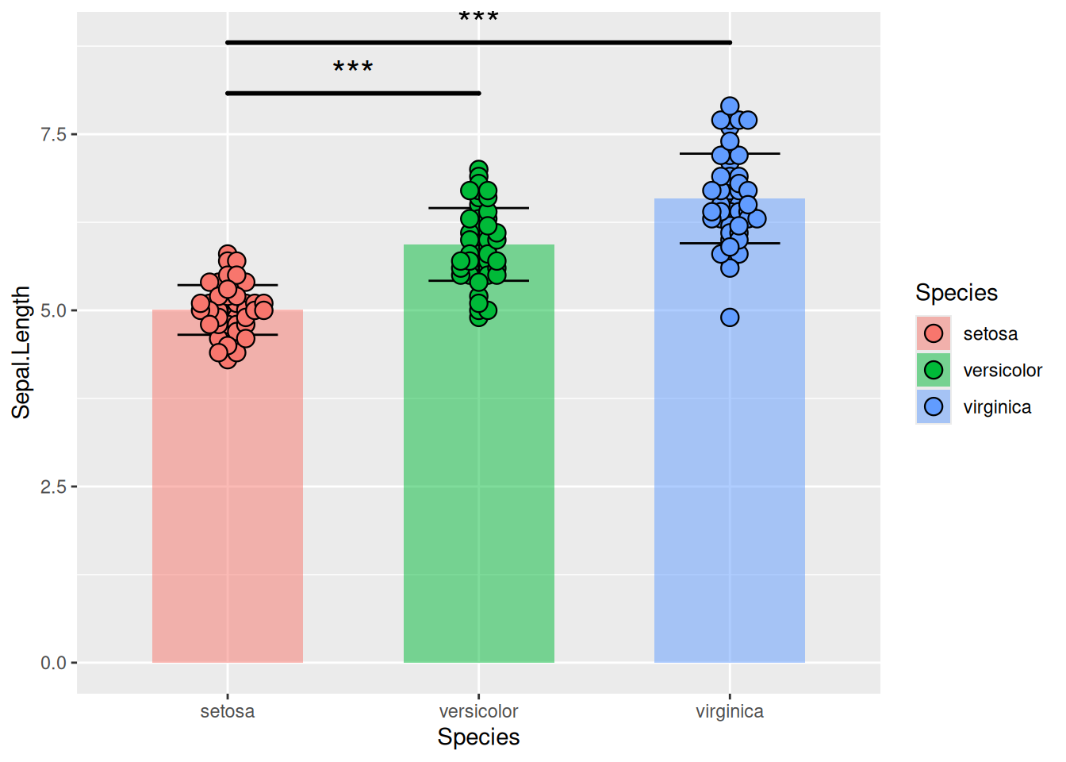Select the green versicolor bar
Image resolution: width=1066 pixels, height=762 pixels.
pyautogui.click(x=478, y=476)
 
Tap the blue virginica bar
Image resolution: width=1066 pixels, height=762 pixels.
pyautogui.click(x=730, y=460)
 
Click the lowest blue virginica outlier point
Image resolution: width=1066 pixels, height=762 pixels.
pyautogui.click(x=730, y=317)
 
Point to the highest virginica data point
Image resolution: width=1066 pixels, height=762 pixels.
pyautogui.click(x=730, y=106)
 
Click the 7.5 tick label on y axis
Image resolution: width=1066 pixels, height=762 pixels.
pyautogui.click(x=53, y=134)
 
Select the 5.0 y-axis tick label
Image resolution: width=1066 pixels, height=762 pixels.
pyautogui.click(x=53, y=310)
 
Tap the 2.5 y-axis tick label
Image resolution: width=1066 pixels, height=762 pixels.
pyautogui.click(x=53, y=487)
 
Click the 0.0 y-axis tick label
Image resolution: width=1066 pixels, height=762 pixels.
pyautogui.click(x=53, y=663)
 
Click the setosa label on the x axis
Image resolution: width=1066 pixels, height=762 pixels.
pyautogui.click(x=228, y=711)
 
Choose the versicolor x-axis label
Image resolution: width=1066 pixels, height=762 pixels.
pyautogui.click(x=478, y=711)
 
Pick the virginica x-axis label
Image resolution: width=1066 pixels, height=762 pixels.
pyautogui.click(x=730, y=711)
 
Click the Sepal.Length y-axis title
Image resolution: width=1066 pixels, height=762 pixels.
pyautogui.click(x=21, y=352)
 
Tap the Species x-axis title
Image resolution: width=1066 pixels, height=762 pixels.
pyautogui.click(x=478, y=737)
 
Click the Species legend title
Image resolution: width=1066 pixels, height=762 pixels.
pyautogui.click(x=957, y=293)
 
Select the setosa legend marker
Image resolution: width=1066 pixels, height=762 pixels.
pyautogui.click(x=934, y=333)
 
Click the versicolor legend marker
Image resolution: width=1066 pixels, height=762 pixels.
pyautogui.click(x=934, y=370)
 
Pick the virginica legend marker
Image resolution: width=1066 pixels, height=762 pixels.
pyautogui.click(x=934, y=406)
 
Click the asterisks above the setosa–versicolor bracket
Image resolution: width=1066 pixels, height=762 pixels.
pyautogui.click(x=353, y=68)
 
